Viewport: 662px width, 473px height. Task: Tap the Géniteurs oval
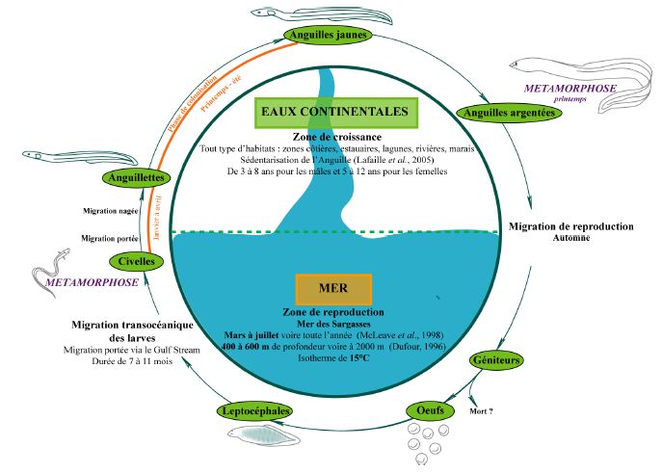[x=496, y=360]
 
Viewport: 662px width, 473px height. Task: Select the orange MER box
[x=332, y=288]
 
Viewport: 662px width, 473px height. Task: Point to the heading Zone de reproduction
[x=333, y=313]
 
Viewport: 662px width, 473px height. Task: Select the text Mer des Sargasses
[x=333, y=325]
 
